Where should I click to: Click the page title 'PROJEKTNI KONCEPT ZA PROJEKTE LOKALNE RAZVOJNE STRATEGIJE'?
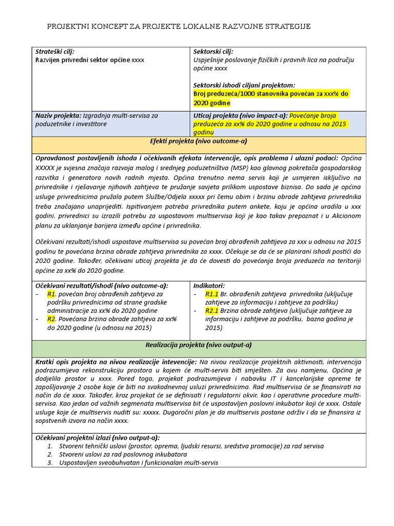(x=179, y=26)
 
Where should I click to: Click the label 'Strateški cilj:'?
(x=55, y=52)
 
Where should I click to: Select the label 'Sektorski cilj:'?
(x=213, y=52)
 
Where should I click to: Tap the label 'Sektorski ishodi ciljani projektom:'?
(x=244, y=85)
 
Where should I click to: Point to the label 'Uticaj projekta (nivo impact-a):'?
(x=241, y=116)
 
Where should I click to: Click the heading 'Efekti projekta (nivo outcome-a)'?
(x=199, y=141)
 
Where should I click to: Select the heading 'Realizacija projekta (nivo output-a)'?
(x=199, y=345)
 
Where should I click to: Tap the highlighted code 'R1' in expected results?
(x=51, y=294)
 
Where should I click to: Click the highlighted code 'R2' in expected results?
(x=51, y=319)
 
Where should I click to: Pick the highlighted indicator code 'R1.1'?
(x=212, y=294)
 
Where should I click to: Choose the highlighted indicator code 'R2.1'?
(x=212, y=311)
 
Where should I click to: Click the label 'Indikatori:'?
(x=209, y=286)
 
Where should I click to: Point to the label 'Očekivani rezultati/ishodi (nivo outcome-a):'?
(x=102, y=286)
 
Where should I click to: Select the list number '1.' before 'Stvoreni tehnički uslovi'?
(x=50, y=446)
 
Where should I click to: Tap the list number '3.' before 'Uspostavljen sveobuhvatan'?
(x=50, y=462)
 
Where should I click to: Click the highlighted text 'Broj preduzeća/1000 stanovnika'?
(x=240, y=93)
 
